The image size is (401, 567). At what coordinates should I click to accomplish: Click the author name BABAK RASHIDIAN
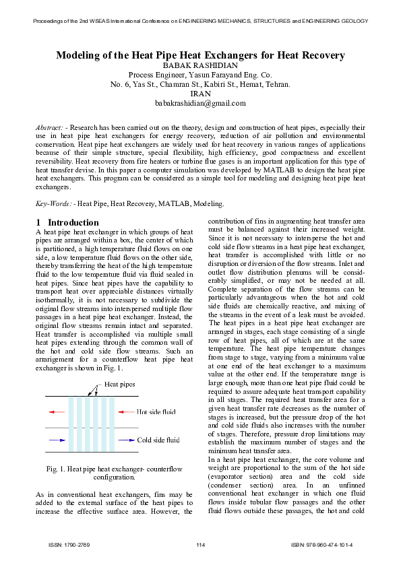point(200,65)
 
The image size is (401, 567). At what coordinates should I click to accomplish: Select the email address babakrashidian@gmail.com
point(200,103)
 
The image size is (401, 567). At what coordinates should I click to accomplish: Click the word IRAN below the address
point(200,94)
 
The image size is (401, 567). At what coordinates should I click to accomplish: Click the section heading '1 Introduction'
point(67,222)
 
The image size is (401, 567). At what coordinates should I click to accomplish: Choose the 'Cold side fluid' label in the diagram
point(158,440)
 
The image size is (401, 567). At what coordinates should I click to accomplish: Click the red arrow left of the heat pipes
point(57,411)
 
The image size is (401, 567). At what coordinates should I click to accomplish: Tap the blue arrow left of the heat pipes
point(57,440)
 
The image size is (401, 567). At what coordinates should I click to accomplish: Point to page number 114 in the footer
point(200,544)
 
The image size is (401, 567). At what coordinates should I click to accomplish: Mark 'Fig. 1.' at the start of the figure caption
point(57,468)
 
